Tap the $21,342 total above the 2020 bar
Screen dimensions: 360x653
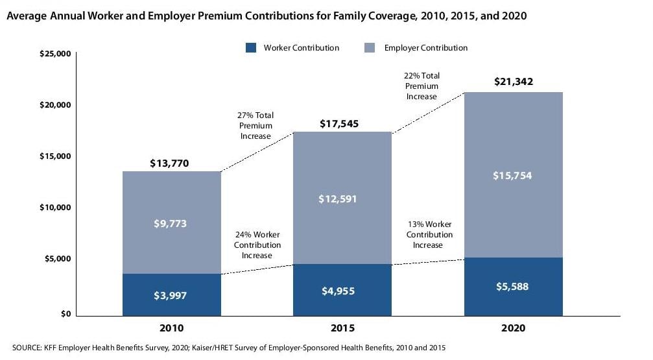[513, 82]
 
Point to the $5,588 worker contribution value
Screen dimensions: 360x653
[513, 287]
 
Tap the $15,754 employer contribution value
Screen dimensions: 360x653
[513, 176]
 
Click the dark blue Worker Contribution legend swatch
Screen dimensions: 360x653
[252, 48]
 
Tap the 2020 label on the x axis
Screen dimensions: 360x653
[513, 329]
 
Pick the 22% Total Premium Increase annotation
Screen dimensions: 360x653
[421, 86]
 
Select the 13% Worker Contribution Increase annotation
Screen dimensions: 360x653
[429, 235]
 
